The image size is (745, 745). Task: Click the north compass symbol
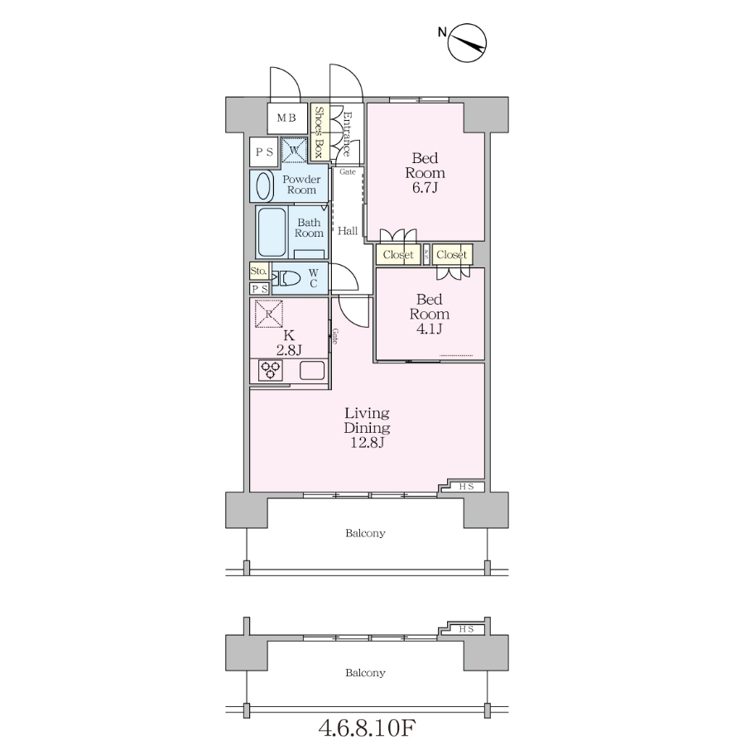pyautogui.click(x=467, y=42)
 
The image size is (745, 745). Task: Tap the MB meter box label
pyautogui.click(x=286, y=118)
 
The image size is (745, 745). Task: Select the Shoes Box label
pyautogui.click(x=319, y=132)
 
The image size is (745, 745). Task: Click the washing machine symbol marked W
pyautogui.click(x=294, y=151)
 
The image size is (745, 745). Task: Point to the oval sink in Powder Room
pyautogui.click(x=264, y=185)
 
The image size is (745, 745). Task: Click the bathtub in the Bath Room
pyautogui.click(x=272, y=233)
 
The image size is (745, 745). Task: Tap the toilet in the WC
pyautogui.click(x=286, y=278)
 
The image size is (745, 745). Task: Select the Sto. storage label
pyautogui.click(x=258, y=271)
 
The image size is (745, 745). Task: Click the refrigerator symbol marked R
pyautogui.click(x=269, y=314)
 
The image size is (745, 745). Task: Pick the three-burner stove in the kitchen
pyautogui.click(x=271, y=370)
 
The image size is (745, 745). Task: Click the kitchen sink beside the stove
pyautogui.click(x=312, y=370)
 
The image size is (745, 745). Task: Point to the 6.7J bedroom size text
pyautogui.click(x=425, y=188)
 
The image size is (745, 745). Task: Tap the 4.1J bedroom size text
pyautogui.click(x=430, y=329)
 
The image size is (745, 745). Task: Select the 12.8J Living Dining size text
pyautogui.click(x=368, y=443)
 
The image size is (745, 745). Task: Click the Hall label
pyautogui.click(x=348, y=231)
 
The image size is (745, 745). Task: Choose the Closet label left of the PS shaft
pyautogui.click(x=398, y=255)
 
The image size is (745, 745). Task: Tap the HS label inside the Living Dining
pyautogui.click(x=466, y=487)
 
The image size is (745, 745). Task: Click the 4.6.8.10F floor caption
pyautogui.click(x=367, y=727)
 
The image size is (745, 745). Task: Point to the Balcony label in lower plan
pyautogui.click(x=365, y=673)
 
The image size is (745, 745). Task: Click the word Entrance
pyautogui.click(x=348, y=134)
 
